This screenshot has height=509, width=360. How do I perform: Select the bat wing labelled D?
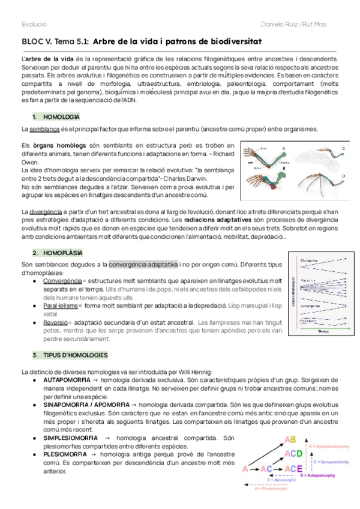327,180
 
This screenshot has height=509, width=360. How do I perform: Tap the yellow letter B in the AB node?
293,439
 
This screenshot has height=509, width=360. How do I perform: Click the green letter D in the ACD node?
298,453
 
